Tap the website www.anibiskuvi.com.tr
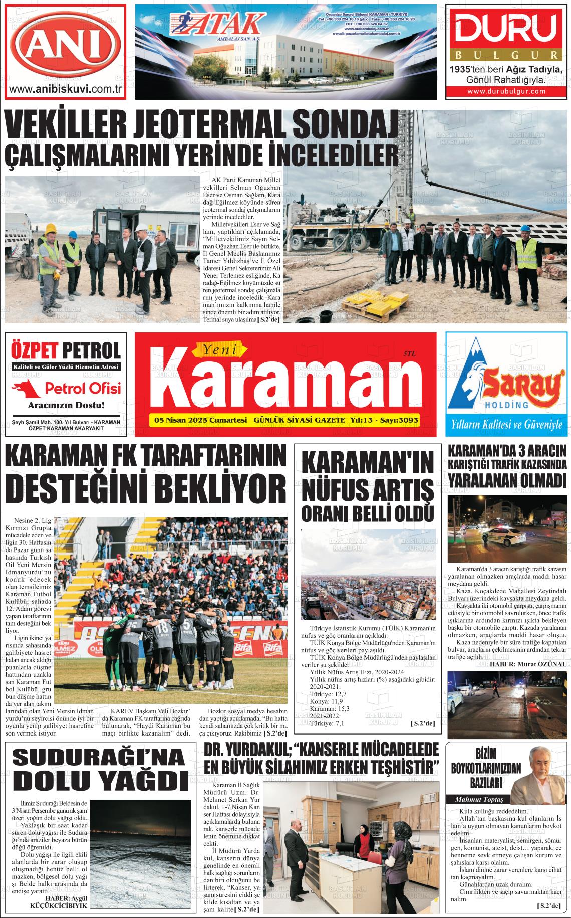coord(66,89)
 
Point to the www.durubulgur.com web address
coord(506,91)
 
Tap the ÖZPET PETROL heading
coord(66,350)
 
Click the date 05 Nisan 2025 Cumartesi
coord(201,420)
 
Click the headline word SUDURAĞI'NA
coord(98,758)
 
